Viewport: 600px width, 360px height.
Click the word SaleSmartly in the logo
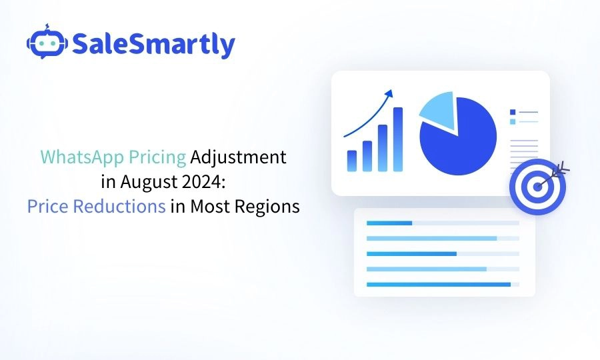(x=153, y=45)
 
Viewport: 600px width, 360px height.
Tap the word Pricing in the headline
(x=157, y=157)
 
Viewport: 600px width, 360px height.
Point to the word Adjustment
(x=239, y=157)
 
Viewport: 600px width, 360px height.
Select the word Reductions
(x=119, y=206)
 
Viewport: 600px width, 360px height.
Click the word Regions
(x=267, y=207)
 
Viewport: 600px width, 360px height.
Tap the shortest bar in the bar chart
(x=352, y=161)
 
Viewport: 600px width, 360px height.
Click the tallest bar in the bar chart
(x=398, y=139)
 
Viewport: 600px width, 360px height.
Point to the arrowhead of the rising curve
(x=389, y=93)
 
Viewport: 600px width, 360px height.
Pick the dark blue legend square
(x=513, y=112)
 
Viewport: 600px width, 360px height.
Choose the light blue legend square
(x=513, y=121)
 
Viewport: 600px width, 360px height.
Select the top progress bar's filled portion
(x=389, y=223)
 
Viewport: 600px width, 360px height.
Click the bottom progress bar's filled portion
(x=439, y=284)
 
